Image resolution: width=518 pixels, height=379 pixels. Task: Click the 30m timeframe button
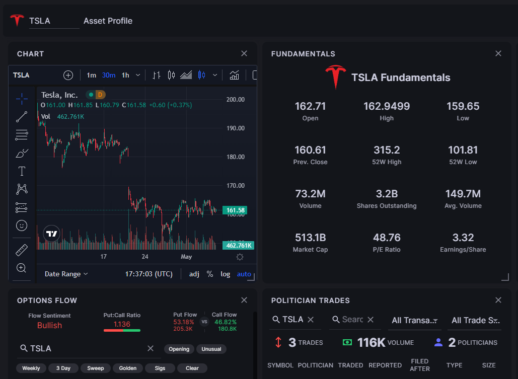108,75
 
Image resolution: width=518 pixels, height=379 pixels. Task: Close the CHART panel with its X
244,54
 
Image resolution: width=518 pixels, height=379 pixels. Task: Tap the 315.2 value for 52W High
387,150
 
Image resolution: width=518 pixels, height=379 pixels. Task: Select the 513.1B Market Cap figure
310,238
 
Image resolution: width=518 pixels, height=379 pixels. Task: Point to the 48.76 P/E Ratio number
387,238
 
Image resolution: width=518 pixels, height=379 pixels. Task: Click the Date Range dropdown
66,274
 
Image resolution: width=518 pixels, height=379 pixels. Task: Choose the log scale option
225,274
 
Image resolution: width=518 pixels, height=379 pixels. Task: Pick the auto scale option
244,274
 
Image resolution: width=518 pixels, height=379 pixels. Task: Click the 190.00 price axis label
235,128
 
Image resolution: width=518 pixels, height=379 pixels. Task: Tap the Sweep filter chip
96,368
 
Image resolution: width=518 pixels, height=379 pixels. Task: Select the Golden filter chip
128,368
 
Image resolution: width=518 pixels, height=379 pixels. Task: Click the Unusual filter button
211,349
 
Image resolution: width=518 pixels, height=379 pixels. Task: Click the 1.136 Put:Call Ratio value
122,324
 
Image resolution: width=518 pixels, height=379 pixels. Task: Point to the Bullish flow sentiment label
49,325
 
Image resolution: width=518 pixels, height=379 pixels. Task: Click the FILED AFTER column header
419,365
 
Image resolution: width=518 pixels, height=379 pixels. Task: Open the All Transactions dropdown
414,320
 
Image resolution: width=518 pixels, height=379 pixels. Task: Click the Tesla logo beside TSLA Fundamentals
336,77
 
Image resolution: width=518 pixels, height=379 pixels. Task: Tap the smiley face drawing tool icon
22,225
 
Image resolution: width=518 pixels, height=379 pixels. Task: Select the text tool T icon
22,171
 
